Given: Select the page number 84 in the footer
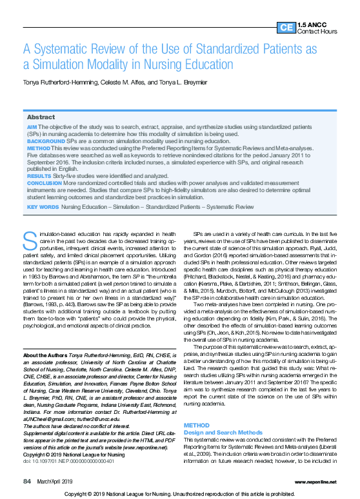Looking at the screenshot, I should pos(27,481).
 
